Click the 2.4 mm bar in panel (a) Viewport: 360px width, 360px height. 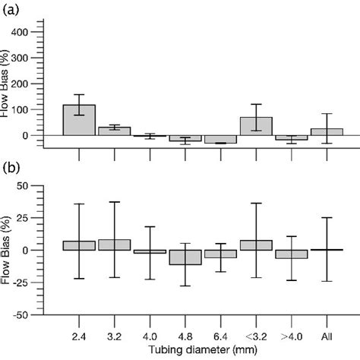(x=79, y=120)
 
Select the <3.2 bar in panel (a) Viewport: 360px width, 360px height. (x=256, y=126)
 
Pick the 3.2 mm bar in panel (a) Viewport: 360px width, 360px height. (x=115, y=131)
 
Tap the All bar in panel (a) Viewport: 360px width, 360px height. (x=327, y=131)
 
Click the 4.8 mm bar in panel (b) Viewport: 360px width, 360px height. (x=185, y=257)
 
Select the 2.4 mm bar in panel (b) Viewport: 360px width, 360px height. (x=79, y=245)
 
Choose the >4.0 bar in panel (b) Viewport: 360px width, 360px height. (x=291, y=254)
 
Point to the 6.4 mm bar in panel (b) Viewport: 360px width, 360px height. (x=220, y=254)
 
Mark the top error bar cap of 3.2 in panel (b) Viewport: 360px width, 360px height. (x=115, y=202)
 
